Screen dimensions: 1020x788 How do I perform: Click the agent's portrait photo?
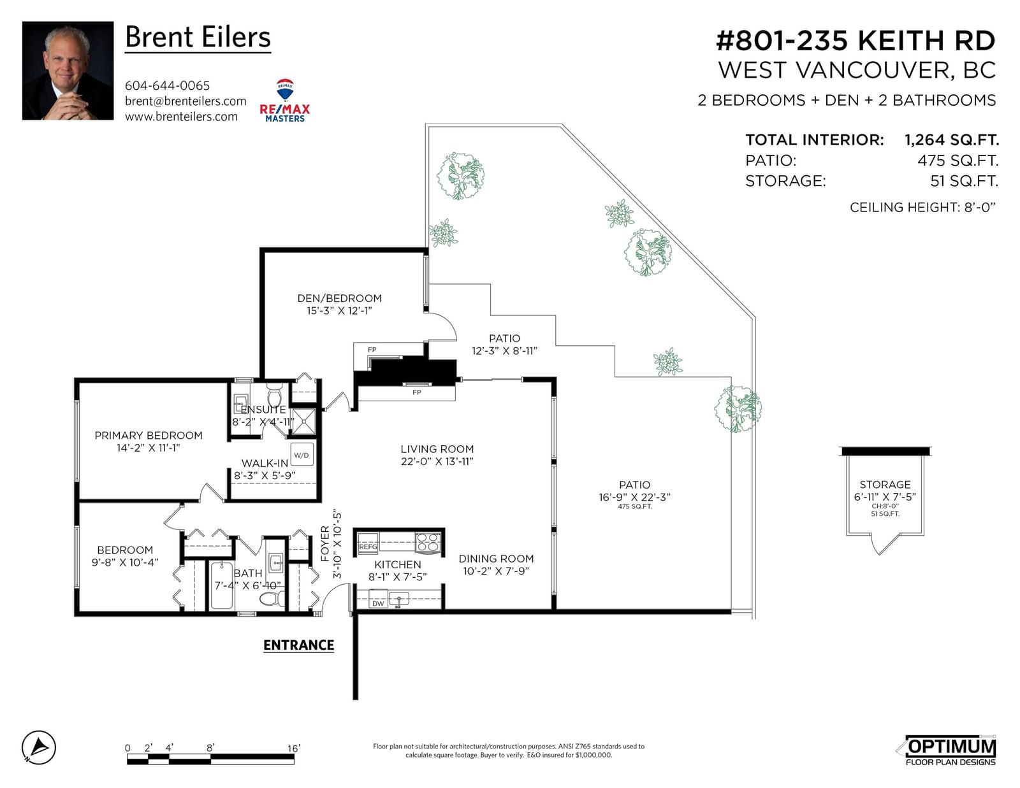68,70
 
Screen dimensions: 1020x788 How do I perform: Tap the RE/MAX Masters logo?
285,101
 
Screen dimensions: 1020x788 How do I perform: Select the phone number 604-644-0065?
167,85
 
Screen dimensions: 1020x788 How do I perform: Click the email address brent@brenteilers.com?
186,101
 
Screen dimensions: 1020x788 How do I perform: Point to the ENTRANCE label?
298,645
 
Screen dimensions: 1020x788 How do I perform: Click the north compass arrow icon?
39,748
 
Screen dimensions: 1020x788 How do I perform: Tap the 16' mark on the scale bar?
294,748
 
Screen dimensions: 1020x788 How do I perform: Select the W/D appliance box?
302,454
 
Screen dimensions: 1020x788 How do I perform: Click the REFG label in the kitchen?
368,547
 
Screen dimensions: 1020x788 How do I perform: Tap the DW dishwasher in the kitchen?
378,603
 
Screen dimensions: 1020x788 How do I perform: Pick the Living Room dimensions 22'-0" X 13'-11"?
437,462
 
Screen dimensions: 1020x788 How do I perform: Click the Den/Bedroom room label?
339,298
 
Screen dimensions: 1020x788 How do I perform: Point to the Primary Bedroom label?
149,435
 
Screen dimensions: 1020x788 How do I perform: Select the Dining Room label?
496,559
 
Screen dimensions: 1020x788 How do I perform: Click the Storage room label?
885,485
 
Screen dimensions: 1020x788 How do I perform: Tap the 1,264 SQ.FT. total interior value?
951,140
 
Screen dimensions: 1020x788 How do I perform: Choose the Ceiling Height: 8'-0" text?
922,207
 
